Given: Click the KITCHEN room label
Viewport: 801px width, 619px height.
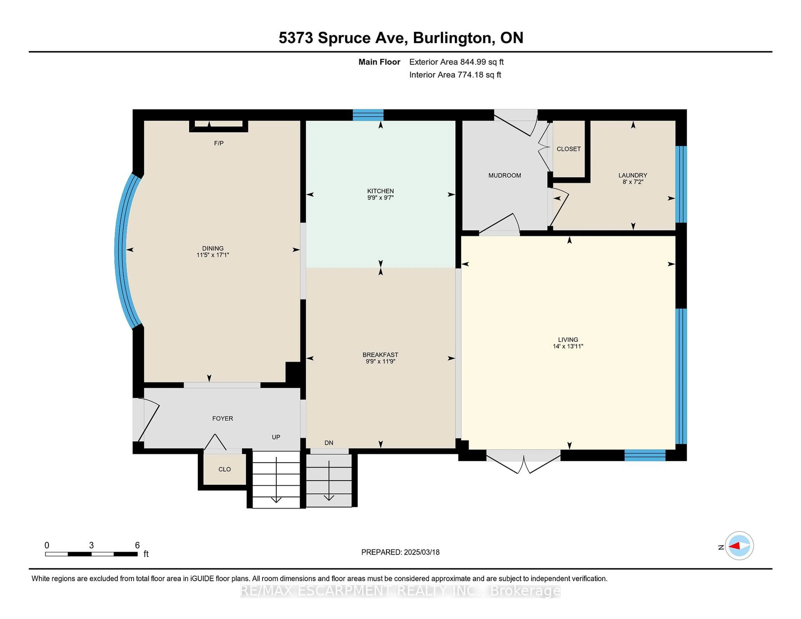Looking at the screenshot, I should point(380,191).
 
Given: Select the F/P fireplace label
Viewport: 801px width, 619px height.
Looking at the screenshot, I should point(219,143).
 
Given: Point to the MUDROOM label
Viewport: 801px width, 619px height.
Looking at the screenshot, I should point(504,175).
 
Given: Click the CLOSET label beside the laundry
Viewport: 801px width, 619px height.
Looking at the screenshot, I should point(568,149).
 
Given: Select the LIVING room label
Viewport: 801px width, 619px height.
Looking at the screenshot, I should point(568,340).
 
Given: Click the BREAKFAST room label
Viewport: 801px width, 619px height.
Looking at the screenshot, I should point(380,355).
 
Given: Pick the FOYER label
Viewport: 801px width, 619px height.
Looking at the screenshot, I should point(222,418).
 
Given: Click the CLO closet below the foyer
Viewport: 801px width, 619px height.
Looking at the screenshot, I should point(224,469).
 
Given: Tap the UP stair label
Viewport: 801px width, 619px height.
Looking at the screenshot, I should point(276,437).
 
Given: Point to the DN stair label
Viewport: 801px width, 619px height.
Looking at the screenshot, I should point(329,443).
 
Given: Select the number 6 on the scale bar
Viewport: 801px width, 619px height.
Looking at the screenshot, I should point(137,545).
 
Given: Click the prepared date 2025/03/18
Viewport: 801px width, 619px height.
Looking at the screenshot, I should point(421,552).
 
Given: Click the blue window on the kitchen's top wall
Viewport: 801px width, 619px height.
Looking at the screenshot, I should point(368,115).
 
